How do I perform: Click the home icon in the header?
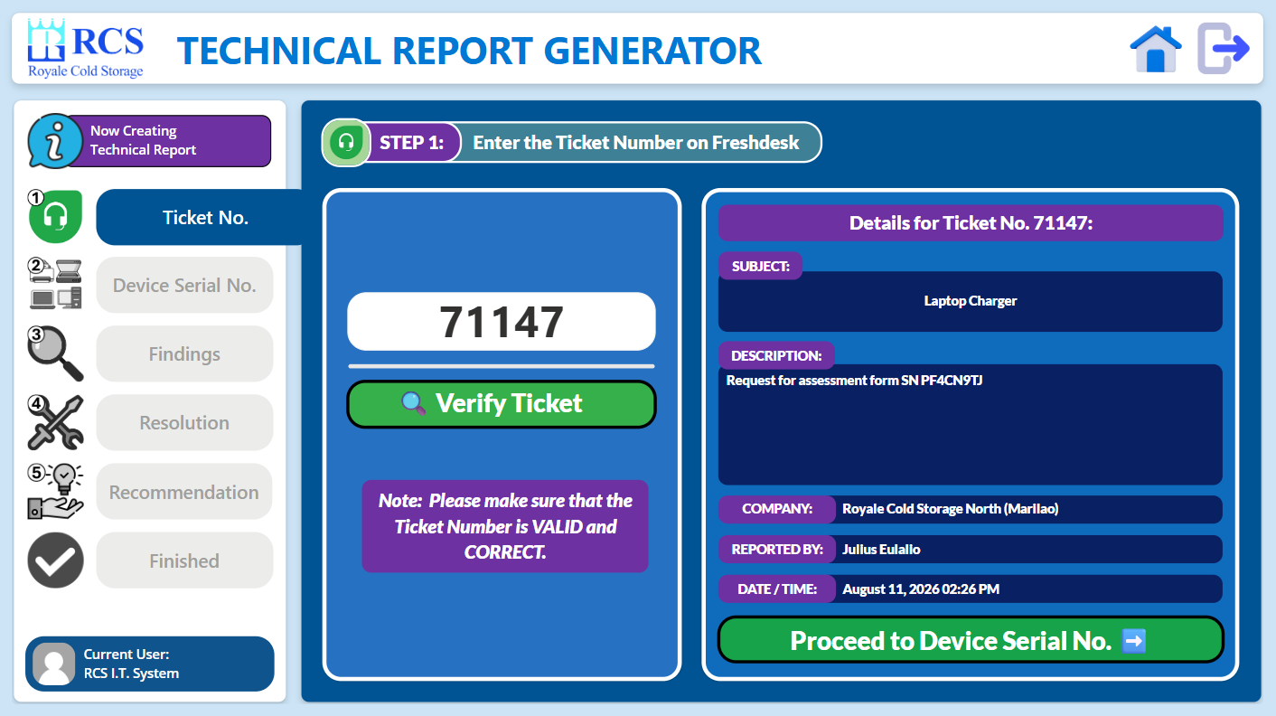1155,49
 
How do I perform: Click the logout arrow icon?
1223,49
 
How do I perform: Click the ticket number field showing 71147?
502,322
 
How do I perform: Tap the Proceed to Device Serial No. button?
970,640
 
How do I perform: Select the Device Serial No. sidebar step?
184,285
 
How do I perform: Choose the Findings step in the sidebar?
184,353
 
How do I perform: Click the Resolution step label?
184,422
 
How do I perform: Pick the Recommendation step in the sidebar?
184,492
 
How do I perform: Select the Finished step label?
184,561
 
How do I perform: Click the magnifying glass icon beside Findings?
55,353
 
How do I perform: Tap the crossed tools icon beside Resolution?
55,422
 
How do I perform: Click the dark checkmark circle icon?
55,561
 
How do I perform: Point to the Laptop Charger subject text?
970,300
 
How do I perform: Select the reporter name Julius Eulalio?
881,549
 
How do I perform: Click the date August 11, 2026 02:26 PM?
921,589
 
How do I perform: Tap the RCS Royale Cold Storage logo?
86,49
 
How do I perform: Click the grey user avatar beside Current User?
53,664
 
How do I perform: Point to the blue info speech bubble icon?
55,141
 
